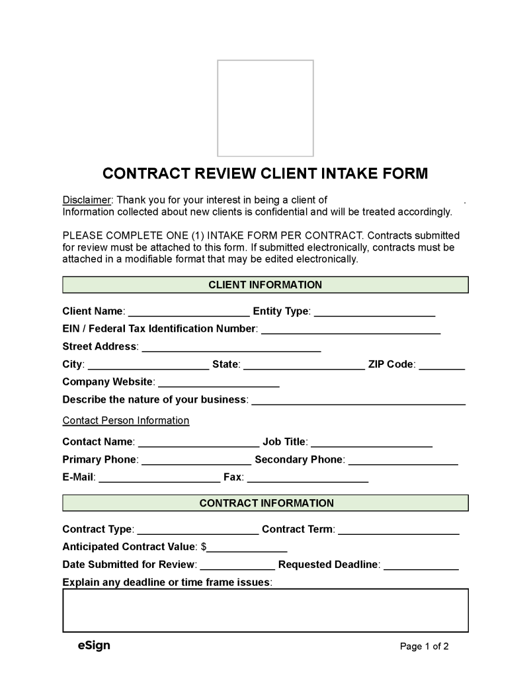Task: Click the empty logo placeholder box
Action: point(265,108)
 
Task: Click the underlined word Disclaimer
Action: point(87,200)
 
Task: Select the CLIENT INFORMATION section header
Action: point(265,285)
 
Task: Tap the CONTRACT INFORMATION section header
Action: point(265,503)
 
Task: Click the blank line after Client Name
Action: point(188,312)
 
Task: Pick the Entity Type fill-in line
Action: point(374,312)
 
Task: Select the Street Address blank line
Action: point(231,347)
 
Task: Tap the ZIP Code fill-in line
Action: point(442,365)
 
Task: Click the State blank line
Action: point(304,365)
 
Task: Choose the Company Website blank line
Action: point(219,383)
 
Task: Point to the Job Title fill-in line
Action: point(372,442)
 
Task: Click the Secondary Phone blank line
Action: point(403,460)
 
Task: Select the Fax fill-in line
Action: point(307,478)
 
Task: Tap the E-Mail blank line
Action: point(159,478)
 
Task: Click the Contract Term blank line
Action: point(399,530)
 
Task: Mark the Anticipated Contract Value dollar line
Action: point(247,548)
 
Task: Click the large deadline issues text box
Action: point(265,610)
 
